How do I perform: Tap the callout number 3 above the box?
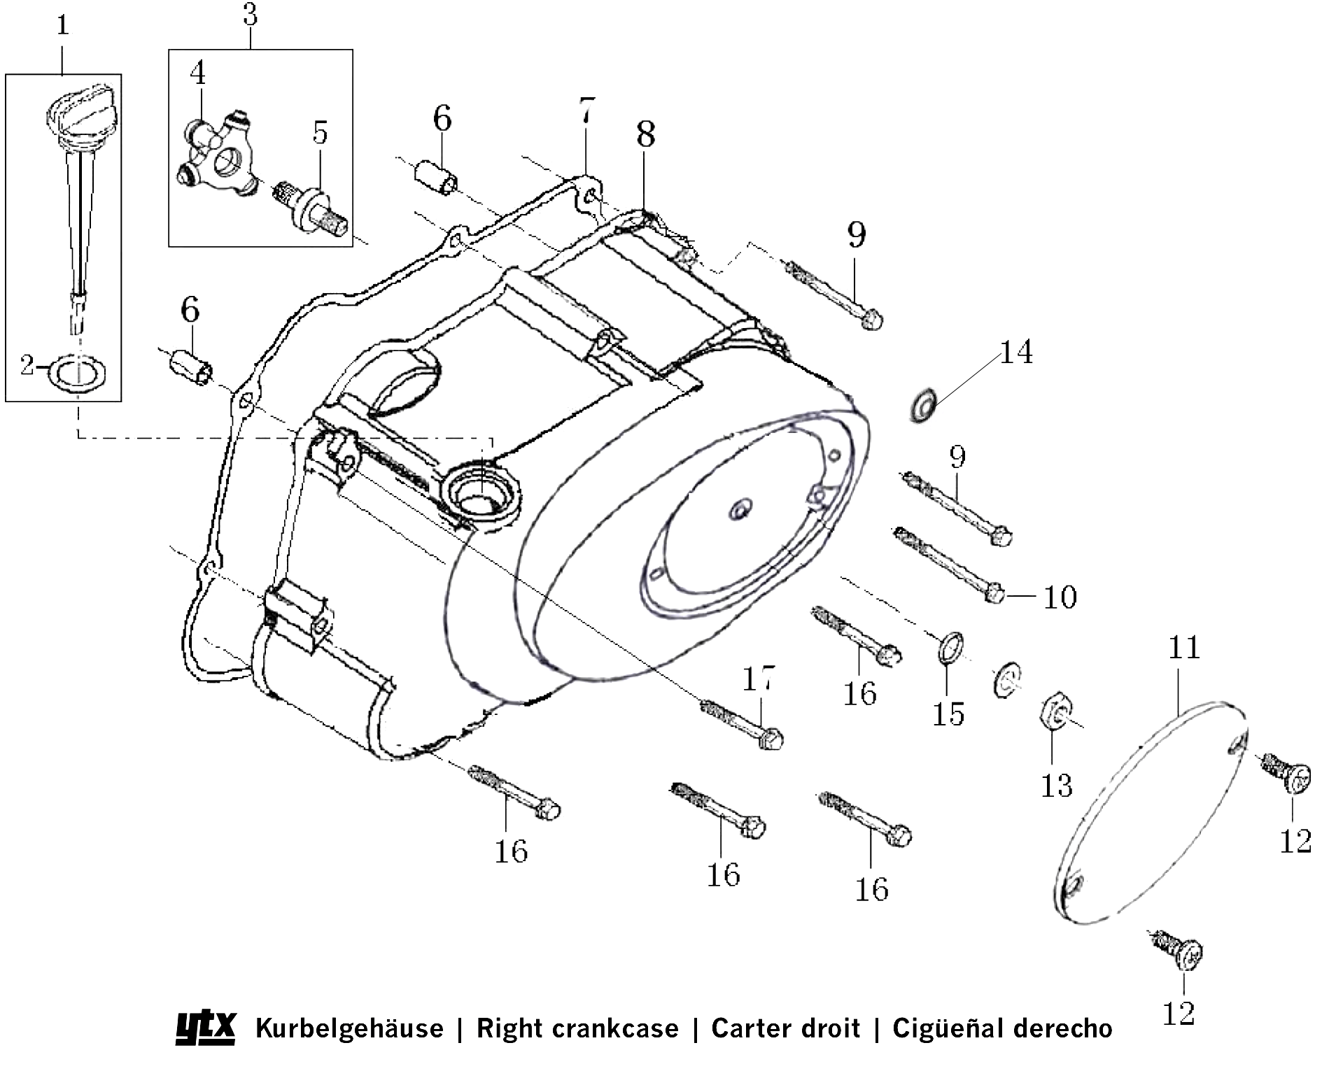(x=251, y=15)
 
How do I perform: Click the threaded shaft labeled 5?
(x=312, y=208)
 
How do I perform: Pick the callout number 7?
(x=586, y=112)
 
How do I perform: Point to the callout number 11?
(x=1184, y=647)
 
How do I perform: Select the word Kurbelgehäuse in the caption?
(x=349, y=1028)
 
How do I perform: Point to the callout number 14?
(x=1015, y=353)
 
